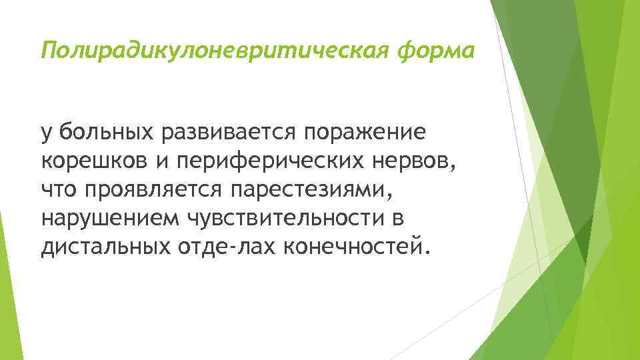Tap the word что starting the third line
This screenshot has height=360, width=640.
(59, 191)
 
